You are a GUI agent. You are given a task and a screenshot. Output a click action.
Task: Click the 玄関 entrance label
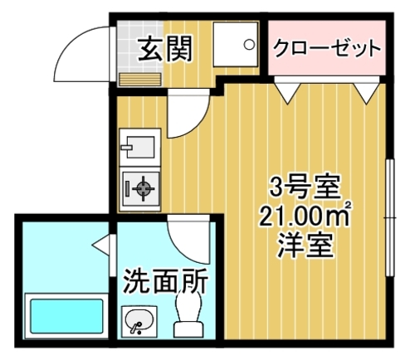[165, 50]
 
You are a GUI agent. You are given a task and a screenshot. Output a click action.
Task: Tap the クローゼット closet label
[327, 49]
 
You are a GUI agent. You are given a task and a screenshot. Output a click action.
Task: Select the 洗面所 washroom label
[165, 281]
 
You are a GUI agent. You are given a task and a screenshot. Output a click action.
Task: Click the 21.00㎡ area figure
[305, 216]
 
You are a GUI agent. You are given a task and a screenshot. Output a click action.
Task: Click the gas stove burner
[144, 188]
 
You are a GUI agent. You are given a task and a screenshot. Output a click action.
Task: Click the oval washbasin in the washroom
[139, 320]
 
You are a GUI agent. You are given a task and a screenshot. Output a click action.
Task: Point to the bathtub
[66, 316]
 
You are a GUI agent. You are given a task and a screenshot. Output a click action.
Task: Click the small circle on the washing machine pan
[249, 45]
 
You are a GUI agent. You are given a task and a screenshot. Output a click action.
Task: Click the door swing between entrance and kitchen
[194, 124]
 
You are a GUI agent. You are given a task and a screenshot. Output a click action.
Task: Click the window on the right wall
[390, 217]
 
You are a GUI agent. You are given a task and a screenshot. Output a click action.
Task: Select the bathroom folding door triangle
[101, 245]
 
